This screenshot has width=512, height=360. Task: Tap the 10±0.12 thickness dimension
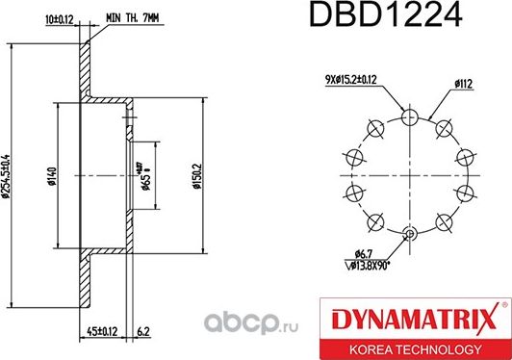click(60, 16)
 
